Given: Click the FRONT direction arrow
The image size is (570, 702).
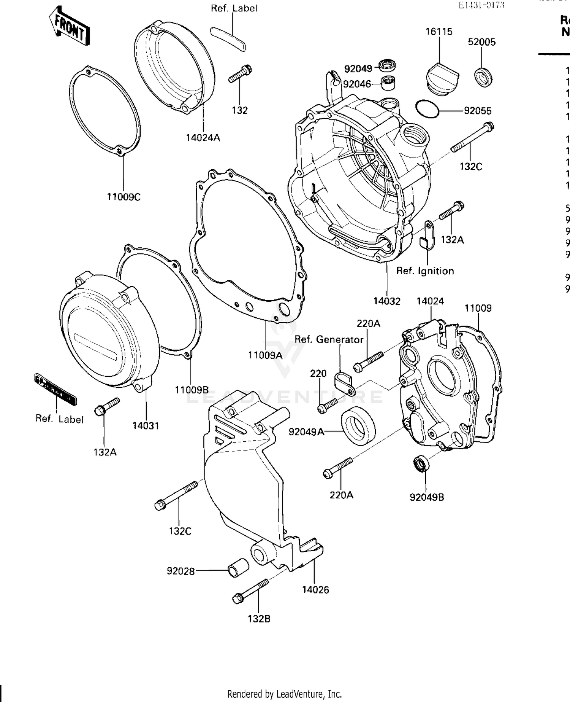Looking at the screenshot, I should coord(70,27).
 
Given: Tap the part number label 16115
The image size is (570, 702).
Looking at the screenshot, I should coord(439,32).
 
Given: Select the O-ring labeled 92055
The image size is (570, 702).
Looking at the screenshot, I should coord(427,110).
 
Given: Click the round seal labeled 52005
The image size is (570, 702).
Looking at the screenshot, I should coord(484,76).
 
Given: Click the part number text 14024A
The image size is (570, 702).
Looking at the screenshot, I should coord(203,138).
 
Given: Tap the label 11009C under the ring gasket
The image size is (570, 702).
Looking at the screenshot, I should coord(123,197).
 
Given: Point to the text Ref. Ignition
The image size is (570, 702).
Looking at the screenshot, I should coord(425,271).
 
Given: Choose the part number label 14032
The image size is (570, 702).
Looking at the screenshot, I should coord(386,301).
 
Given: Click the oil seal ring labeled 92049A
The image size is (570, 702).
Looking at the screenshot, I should coord(358,425).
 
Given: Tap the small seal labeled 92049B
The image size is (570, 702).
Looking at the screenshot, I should coord(421,463).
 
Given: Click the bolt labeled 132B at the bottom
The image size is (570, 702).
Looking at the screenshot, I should coord(250,592).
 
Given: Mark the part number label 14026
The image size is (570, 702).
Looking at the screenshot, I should coord(315,589).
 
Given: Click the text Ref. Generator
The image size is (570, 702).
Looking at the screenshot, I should coord(329,339).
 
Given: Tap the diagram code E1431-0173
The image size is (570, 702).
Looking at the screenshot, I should coord(481,5).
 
